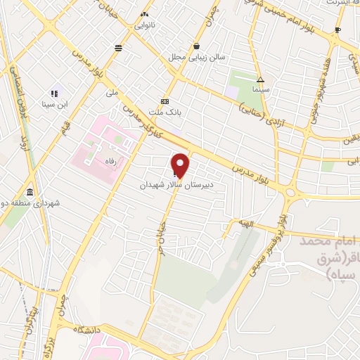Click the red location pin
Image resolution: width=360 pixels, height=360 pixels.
[181, 165]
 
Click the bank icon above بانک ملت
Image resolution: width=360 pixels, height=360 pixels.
[165, 101]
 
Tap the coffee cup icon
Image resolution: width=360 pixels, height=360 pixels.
[337, 30]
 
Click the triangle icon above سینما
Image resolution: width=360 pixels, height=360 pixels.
[260, 79]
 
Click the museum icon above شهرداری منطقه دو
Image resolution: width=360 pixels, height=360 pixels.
[29, 193]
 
